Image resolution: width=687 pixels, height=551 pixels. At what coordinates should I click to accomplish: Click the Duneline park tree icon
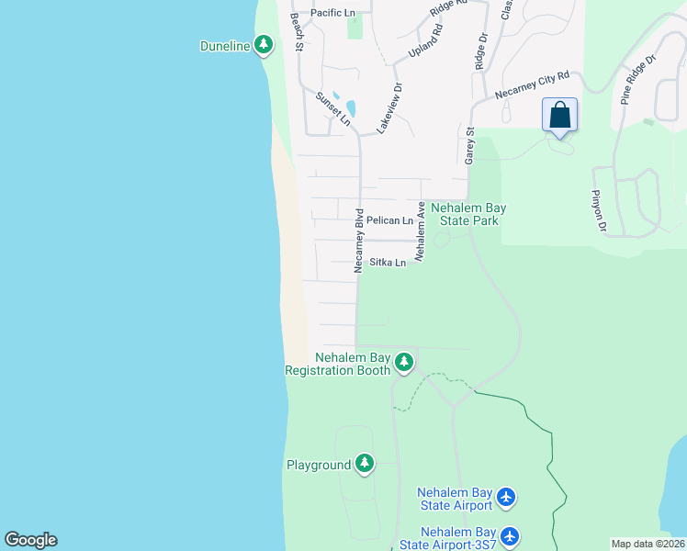264,44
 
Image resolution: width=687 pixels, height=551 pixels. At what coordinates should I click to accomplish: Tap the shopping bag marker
559,117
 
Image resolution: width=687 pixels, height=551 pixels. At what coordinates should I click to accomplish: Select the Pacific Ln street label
332,13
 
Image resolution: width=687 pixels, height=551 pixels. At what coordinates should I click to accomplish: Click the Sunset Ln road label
332,108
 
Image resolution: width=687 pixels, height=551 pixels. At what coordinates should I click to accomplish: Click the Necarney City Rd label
533,85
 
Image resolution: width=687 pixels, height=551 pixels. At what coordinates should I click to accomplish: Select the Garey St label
469,146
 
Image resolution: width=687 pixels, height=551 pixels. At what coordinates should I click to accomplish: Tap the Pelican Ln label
389,220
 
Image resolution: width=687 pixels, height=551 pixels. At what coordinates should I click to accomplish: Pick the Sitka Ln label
388,263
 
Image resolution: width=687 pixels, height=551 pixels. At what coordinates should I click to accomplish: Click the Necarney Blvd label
359,242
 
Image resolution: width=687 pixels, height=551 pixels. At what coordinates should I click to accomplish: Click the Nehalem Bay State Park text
468,214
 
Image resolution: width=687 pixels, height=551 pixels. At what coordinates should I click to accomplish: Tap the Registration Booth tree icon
403,364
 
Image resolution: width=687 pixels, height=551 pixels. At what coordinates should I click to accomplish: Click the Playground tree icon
366,465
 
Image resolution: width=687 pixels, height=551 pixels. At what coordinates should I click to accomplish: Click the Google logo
30,540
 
